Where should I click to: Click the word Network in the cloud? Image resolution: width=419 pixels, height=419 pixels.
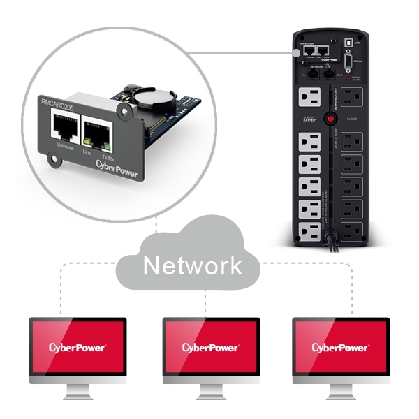193,265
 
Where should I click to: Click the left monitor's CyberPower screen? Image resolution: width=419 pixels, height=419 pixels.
78,347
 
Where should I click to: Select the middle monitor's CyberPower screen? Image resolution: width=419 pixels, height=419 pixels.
210,347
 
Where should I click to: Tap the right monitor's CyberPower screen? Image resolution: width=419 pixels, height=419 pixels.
340,347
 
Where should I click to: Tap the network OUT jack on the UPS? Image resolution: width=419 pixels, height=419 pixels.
329,73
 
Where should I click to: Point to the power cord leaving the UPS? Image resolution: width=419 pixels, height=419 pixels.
336,247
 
